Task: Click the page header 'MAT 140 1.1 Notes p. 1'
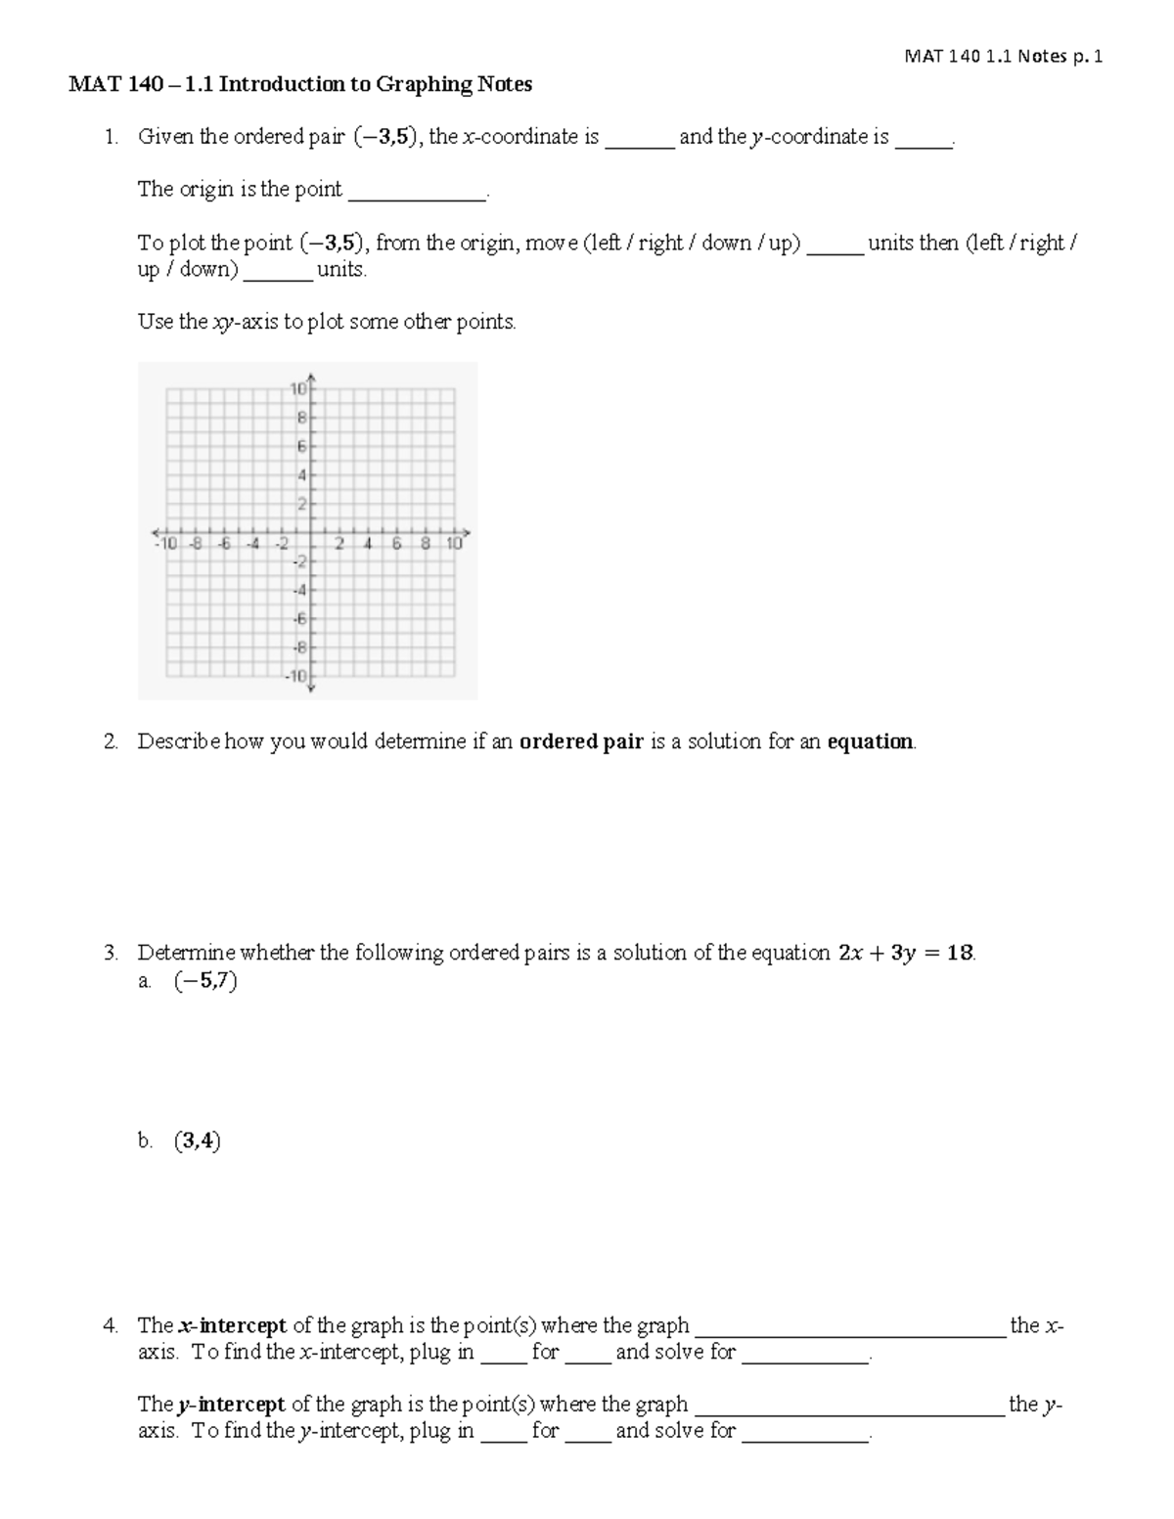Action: coord(1004,57)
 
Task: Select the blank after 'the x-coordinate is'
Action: coord(640,139)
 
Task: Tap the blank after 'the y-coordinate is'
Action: coord(924,139)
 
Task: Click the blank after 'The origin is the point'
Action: coord(417,192)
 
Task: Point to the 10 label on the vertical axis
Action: coord(298,388)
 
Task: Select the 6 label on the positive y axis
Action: coord(302,446)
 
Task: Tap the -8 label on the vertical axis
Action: coord(300,648)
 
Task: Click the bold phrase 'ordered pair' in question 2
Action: coord(581,741)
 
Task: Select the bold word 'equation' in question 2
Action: coord(870,741)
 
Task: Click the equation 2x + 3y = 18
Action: coord(905,953)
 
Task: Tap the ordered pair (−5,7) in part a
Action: coord(205,980)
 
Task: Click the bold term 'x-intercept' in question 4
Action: coord(232,1326)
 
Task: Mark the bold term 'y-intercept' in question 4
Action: coord(231,1405)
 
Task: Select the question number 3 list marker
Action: coord(111,953)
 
